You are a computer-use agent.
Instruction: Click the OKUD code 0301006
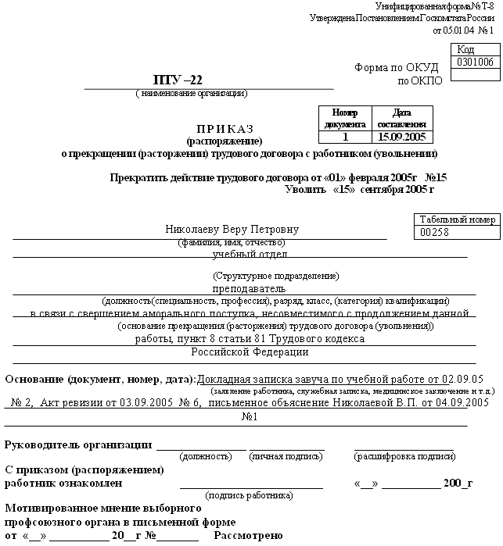coord(476,62)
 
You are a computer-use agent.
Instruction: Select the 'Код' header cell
coord(476,49)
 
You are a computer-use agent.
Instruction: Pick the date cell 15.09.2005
coord(401,137)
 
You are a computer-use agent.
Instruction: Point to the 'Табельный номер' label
coord(458,219)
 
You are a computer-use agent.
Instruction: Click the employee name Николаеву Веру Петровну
coord(232,230)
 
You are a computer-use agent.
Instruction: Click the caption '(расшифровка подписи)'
coord(404,456)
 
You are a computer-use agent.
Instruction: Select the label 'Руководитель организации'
coord(78,444)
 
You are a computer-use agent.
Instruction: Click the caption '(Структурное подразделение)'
coord(275,277)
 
